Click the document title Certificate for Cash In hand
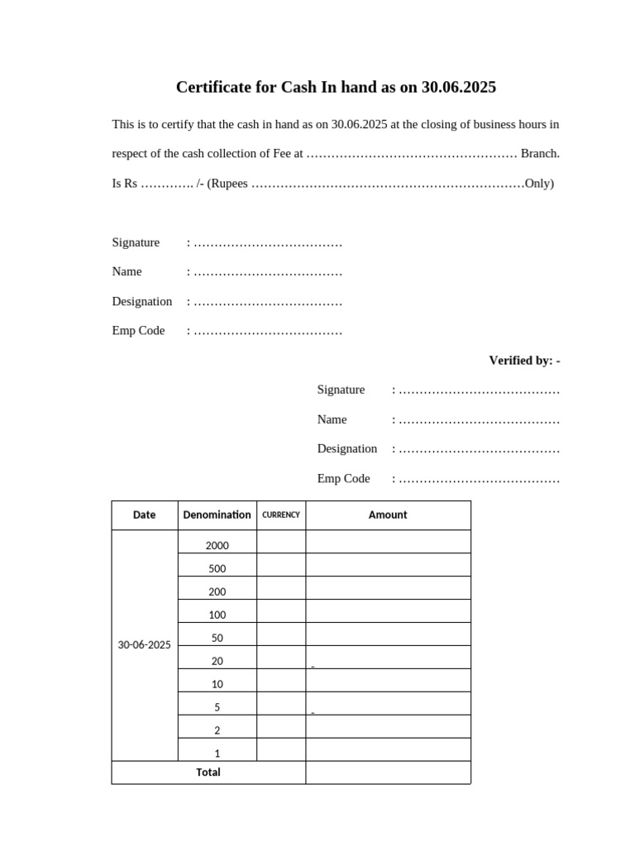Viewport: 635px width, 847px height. pyautogui.click(x=336, y=87)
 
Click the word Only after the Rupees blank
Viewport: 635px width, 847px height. pyautogui.click(x=538, y=183)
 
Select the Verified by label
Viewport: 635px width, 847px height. pyautogui.click(x=524, y=360)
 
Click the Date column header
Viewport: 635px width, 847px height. pyautogui.click(x=144, y=514)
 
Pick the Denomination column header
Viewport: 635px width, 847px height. pyautogui.click(x=217, y=514)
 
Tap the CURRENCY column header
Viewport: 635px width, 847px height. pyautogui.click(x=281, y=514)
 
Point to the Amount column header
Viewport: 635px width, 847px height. pyautogui.click(x=388, y=514)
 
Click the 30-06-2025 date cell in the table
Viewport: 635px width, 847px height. pyautogui.click(x=144, y=644)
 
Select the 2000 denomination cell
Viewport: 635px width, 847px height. pyautogui.click(x=217, y=545)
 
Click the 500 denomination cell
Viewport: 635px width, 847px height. pyautogui.click(x=217, y=568)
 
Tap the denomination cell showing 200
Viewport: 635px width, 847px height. pyautogui.click(x=217, y=591)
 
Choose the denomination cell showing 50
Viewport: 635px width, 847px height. pyautogui.click(x=217, y=638)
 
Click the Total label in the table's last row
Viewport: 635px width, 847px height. pyautogui.click(x=208, y=772)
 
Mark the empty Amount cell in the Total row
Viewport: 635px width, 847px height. pyautogui.click(x=388, y=773)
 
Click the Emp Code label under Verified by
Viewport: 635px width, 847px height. pyautogui.click(x=343, y=478)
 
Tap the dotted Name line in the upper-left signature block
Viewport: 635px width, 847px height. pyautogui.click(x=267, y=271)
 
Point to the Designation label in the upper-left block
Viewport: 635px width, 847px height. pyautogui.click(x=142, y=301)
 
